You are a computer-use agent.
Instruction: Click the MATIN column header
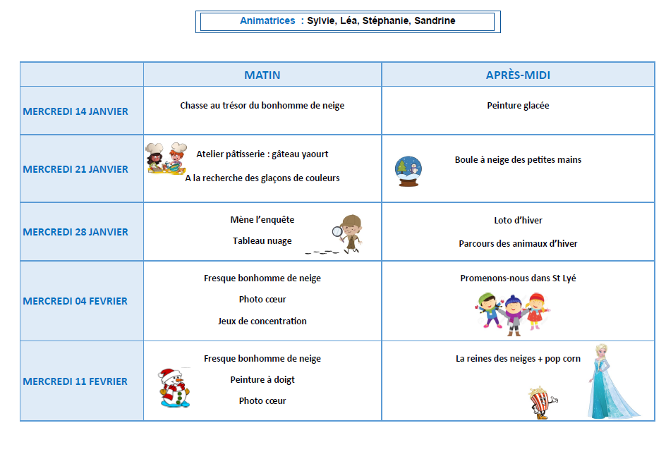click(262, 75)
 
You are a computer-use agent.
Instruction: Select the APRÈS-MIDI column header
click(518, 75)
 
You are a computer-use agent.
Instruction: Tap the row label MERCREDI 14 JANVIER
click(75, 111)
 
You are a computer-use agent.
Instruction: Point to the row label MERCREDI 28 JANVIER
click(75, 232)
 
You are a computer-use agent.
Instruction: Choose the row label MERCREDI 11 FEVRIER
click(75, 381)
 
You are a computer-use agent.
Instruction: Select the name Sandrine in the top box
click(435, 21)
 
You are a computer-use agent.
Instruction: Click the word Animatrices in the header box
click(267, 21)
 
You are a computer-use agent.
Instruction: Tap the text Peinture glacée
click(518, 106)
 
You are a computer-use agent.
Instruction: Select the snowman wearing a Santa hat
click(173, 387)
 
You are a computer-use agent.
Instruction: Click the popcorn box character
click(541, 403)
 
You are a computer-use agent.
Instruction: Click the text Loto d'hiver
click(518, 221)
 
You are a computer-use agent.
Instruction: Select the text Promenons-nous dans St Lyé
click(518, 278)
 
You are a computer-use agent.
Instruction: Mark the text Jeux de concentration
click(262, 321)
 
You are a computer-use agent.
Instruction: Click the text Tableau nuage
click(262, 241)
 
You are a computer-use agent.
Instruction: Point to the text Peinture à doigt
click(262, 380)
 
